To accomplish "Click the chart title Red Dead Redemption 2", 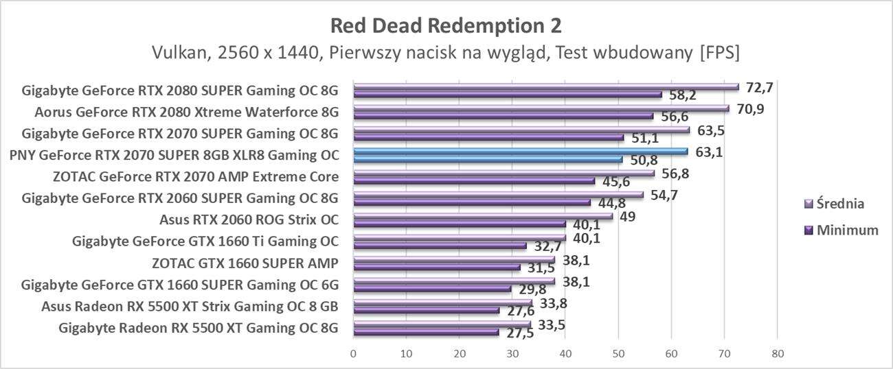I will [446, 25].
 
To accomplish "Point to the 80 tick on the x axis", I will [776, 354].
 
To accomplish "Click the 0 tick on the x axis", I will [353, 354].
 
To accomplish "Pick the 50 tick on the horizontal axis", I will [618, 354].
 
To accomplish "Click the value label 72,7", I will [759, 87].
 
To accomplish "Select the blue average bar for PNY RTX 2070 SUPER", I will [520, 152].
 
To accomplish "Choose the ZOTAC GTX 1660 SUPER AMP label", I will [245, 263].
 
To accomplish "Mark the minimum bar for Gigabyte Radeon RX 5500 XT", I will [426, 332].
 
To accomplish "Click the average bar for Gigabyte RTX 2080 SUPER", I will [545, 87].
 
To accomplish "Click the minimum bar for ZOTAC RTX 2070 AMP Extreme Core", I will [473, 181].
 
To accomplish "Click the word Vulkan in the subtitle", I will [177, 52].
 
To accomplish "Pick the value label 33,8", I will [554, 302].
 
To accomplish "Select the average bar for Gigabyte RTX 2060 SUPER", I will [497, 195].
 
